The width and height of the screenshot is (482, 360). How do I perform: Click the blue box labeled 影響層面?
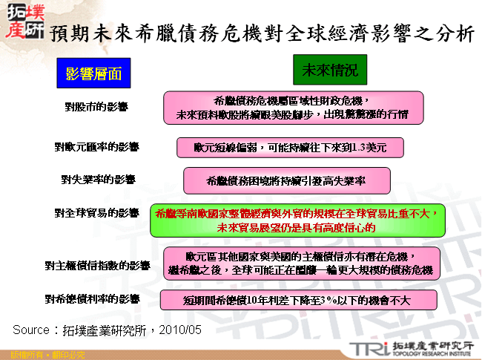[93, 73]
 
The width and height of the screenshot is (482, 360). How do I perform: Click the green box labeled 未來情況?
[330, 71]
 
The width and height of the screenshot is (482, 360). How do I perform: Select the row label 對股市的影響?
[96, 107]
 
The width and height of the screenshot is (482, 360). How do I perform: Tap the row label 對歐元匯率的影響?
[96, 147]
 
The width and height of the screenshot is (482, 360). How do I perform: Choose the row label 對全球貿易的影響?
[96, 212]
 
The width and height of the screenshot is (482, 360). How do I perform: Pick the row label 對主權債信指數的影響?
[97, 265]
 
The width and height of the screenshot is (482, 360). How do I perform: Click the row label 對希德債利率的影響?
[96, 299]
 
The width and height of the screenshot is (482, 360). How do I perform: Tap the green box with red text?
[297, 220]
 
